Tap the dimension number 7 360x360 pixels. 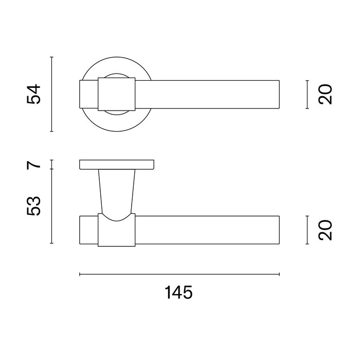point(34,165)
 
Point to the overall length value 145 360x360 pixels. point(178,293)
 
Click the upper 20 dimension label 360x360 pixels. point(326,95)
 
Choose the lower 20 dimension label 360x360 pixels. point(326,230)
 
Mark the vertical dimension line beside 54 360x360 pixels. point(52,94)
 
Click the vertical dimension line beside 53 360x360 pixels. point(52,206)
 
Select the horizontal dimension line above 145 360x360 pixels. point(179,274)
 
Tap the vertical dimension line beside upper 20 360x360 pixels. point(307,95)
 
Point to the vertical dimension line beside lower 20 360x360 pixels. point(307,230)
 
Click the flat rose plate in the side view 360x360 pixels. point(117,165)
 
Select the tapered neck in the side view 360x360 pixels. point(117,190)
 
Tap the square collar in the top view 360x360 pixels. point(117,95)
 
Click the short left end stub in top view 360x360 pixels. point(88,95)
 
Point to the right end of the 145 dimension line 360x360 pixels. point(279,274)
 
